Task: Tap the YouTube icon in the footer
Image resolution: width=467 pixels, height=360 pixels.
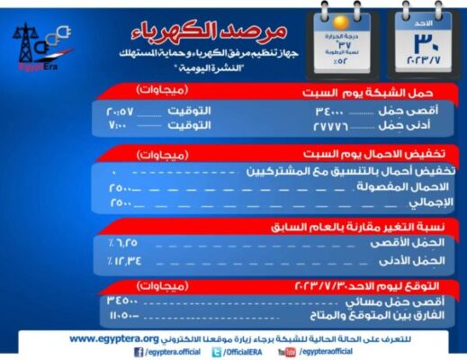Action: click(x=287, y=352)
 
